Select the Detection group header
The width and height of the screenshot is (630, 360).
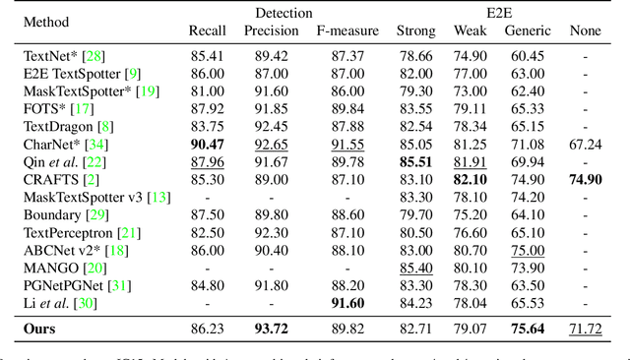coord(283,13)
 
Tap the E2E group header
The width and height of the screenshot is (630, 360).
coord(500,13)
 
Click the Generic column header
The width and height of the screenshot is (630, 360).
coord(528,30)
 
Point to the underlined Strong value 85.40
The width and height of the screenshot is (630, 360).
coord(415,268)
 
